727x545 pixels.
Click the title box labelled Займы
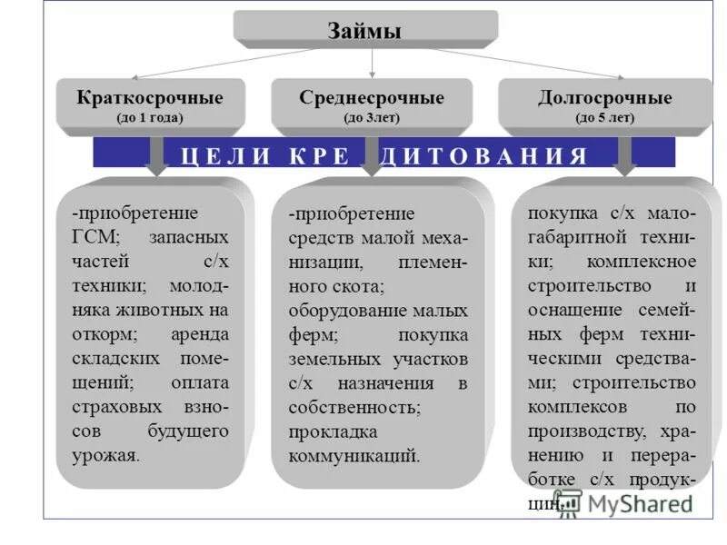pos(364,30)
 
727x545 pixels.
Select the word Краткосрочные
pos(150,98)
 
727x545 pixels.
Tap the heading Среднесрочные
pos(371,98)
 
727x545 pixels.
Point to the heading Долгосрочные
pos(604,98)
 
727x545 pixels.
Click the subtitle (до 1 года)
pos(150,117)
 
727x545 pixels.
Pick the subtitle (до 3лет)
pos(371,117)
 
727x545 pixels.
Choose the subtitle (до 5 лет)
pos(604,117)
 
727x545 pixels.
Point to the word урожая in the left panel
pos(106,454)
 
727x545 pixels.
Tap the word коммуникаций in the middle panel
pos(354,455)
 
